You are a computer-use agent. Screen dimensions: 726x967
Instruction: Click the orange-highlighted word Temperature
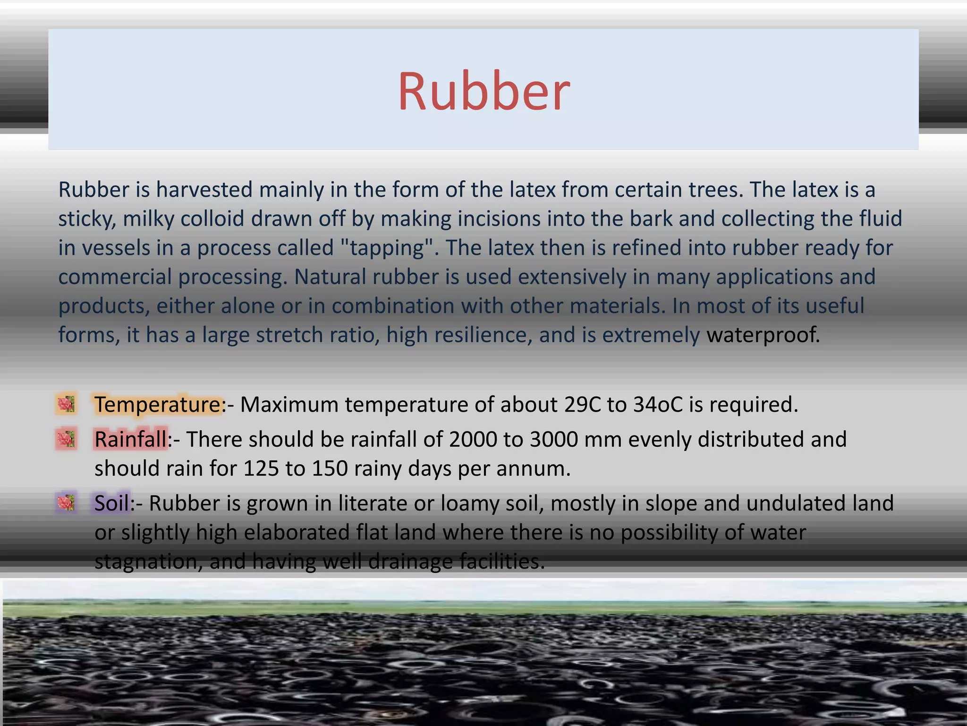[x=157, y=405]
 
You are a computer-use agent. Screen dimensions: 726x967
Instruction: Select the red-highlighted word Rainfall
[x=130, y=439]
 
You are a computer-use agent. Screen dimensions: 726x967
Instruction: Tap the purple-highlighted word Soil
[x=112, y=503]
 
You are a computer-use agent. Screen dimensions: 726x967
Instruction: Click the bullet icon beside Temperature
[x=66, y=404]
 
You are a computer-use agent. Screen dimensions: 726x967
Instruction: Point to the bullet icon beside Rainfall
[x=66, y=439]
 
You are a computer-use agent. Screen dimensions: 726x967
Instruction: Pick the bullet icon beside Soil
[x=66, y=502]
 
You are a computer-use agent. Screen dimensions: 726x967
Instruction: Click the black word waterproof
[x=762, y=335]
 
